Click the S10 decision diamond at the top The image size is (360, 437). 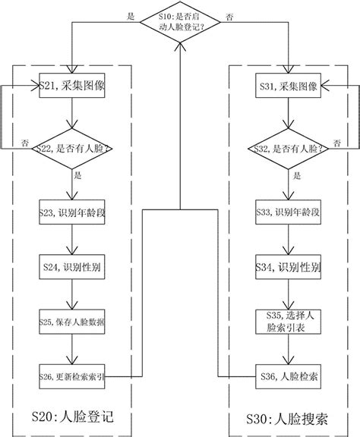(x=179, y=20)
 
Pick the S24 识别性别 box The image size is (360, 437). (x=71, y=267)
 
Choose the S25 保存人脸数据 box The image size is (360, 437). (x=71, y=322)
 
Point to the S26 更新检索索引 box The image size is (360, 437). (x=71, y=375)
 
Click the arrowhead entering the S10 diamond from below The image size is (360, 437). (x=179, y=46)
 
